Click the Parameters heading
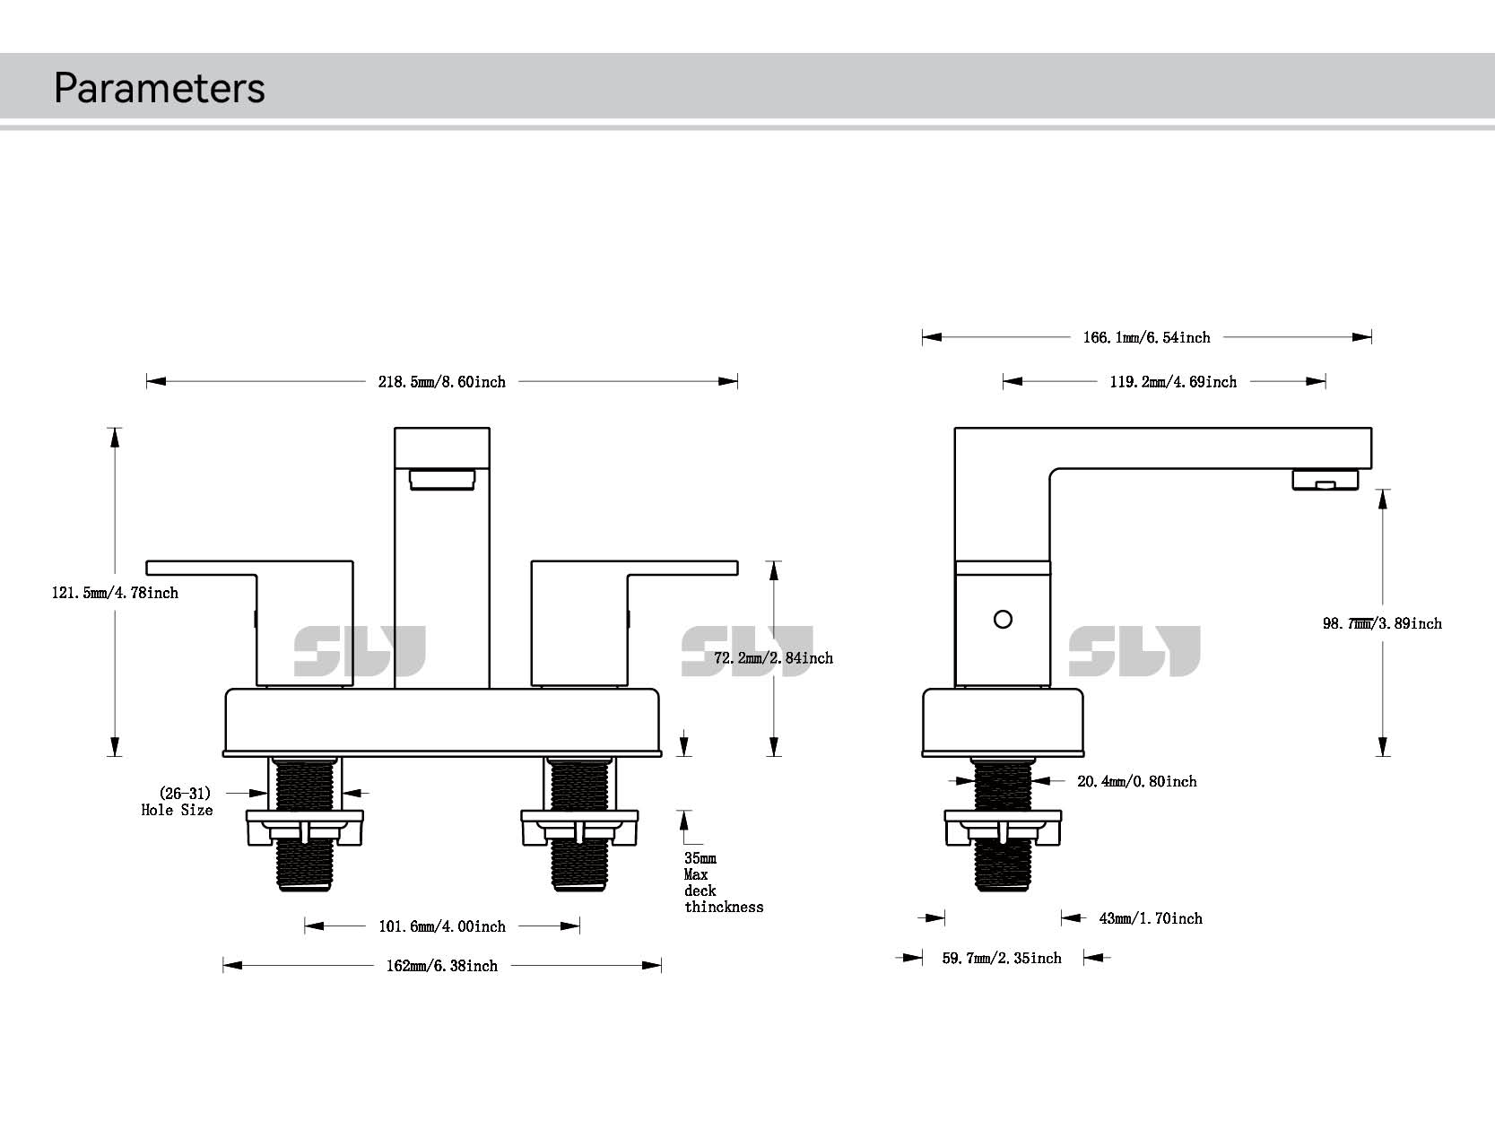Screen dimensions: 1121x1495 point(160,88)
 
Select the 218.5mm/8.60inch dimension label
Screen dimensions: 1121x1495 point(441,382)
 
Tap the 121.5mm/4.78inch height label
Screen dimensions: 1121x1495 point(115,593)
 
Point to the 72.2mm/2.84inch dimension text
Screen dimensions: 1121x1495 point(773,658)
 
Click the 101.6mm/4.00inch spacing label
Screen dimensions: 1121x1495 point(441,926)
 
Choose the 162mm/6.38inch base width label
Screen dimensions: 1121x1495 point(441,966)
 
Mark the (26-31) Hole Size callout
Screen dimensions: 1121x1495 point(178,802)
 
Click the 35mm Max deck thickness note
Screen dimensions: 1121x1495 point(723,882)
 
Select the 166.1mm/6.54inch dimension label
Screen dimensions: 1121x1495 point(1146,338)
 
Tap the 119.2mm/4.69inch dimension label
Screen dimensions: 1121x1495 point(1173,382)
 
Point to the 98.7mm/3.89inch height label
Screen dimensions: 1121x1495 point(1382,623)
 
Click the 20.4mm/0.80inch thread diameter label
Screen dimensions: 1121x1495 point(1136,782)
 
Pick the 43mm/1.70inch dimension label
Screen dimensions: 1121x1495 point(1151,918)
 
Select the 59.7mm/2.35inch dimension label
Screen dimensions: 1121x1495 point(1002,959)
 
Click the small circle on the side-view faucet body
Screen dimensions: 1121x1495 point(1004,620)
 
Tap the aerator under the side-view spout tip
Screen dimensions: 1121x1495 point(1325,480)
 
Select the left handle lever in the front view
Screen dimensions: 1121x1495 point(249,568)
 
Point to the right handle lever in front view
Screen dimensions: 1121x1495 point(635,568)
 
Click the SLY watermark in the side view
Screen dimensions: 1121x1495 point(1134,652)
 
